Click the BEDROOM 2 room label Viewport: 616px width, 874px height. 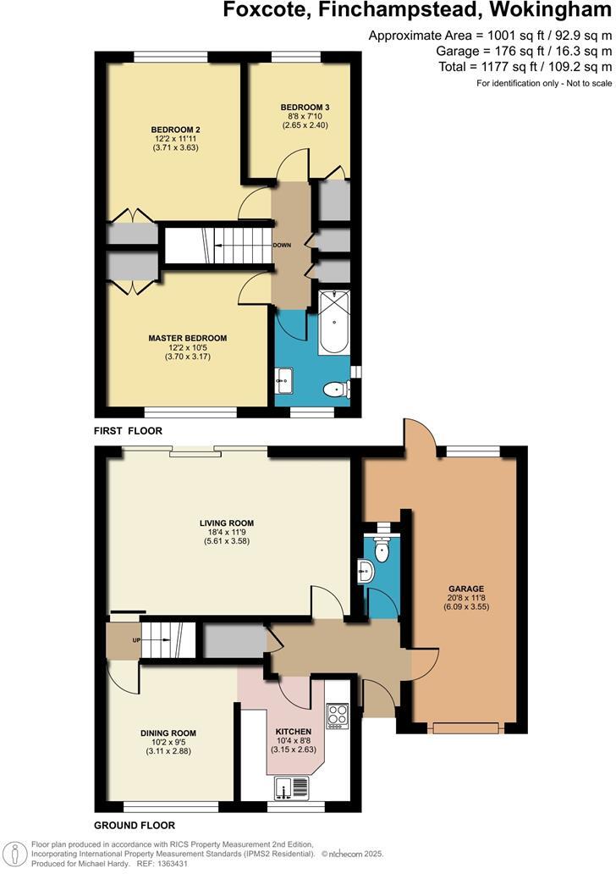[176, 130]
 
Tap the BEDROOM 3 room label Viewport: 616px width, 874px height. [305, 107]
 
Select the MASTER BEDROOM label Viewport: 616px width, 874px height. [188, 338]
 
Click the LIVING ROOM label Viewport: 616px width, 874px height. [226, 523]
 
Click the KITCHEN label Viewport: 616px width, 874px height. [294, 731]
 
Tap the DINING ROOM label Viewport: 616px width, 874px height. [168, 733]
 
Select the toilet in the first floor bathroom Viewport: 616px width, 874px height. [336, 390]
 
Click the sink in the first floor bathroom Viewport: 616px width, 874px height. [284, 381]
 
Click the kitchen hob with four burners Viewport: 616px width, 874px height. [338, 716]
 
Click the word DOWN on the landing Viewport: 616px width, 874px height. [282, 246]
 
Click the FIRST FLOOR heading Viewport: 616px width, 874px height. [128, 431]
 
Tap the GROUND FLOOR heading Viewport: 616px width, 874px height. [135, 825]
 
